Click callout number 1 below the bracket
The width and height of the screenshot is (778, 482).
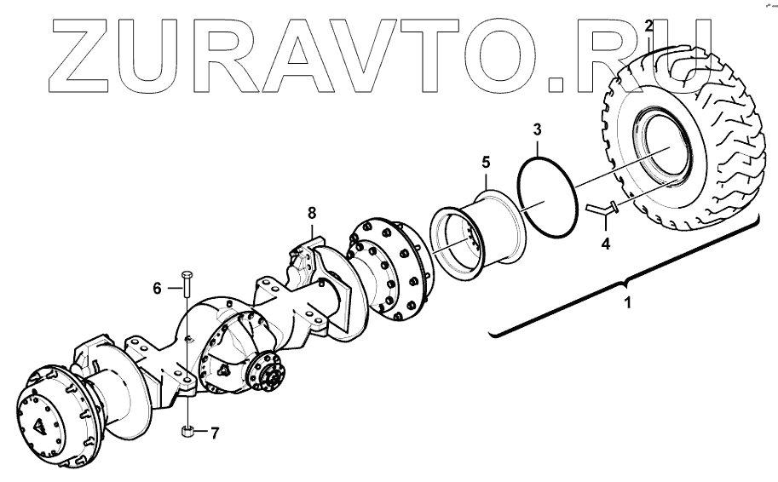click(627, 302)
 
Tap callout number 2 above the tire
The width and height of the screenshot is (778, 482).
click(649, 26)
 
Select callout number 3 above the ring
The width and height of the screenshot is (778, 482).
click(537, 129)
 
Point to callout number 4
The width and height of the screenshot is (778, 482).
click(605, 244)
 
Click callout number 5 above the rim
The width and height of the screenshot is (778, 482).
click(485, 161)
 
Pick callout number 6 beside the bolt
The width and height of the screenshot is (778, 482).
click(157, 289)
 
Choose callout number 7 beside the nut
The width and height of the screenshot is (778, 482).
click(215, 433)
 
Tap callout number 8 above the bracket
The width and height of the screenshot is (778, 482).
click(312, 213)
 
